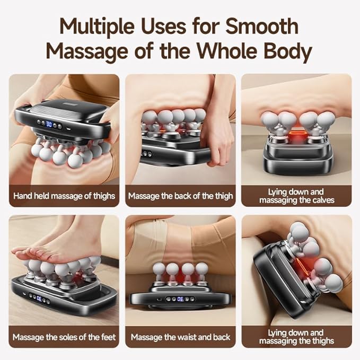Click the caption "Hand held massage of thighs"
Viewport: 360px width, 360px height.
pos(64,196)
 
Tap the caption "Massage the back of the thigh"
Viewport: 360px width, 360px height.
pos(180,196)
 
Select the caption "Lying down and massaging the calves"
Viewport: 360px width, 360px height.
pos(296,196)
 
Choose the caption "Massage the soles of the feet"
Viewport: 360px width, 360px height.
pos(64,337)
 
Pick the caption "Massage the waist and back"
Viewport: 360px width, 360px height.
pos(180,337)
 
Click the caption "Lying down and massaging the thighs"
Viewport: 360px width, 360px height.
pos(296,337)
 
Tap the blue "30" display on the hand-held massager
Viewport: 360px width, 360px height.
pos(49,124)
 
